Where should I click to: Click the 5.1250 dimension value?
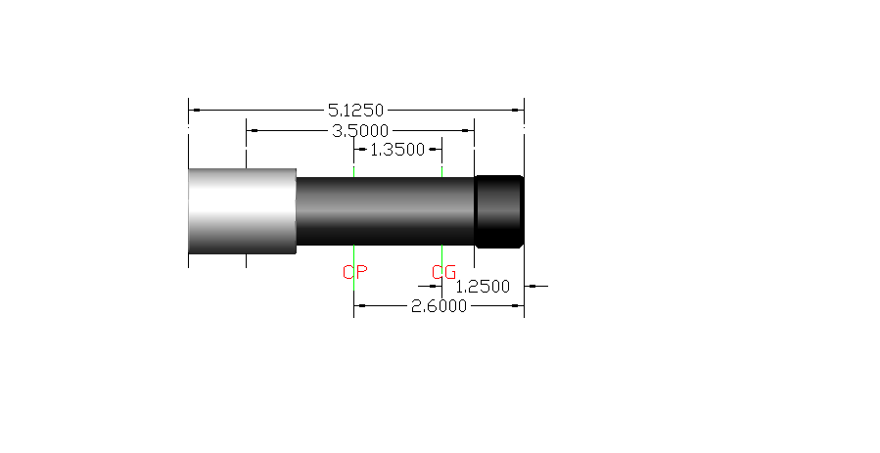click(355, 110)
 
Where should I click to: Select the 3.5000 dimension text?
click(360, 131)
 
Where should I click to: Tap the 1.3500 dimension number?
click(397, 149)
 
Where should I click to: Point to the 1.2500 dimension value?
click(483, 287)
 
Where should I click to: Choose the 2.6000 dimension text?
click(439, 306)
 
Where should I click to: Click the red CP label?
click(354, 272)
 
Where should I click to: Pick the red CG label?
click(444, 272)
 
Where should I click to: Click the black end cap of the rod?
click(499, 211)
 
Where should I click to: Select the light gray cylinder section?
click(243, 211)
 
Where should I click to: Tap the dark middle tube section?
click(386, 211)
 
